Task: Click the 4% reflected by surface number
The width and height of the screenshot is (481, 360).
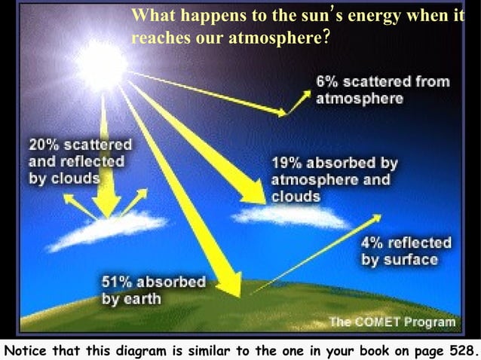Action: coord(372,243)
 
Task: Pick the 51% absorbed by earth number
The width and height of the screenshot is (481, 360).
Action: coord(115,282)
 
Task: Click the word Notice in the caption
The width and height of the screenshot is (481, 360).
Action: coord(26,350)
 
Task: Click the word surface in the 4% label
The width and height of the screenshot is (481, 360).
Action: coord(410,260)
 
